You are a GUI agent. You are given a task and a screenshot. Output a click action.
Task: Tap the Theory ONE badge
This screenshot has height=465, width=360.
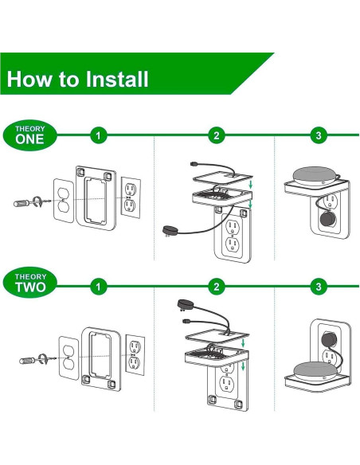coord(30,135)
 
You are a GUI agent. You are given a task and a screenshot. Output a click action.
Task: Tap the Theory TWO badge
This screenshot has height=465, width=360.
coord(30,284)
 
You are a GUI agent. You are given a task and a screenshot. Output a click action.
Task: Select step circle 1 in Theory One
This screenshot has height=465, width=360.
coord(98,135)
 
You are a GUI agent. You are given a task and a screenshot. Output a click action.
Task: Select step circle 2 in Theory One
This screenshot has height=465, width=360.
coord(215,135)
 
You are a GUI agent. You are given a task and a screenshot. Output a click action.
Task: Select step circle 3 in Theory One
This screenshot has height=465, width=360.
coord(319,135)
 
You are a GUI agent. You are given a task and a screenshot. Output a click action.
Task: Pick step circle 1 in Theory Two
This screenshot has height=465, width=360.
coord(98,285)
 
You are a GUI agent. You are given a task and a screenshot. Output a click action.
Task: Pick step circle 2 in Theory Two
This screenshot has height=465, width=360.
coord(215,285)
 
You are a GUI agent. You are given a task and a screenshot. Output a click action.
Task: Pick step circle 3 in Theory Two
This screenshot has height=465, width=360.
coord(319,285)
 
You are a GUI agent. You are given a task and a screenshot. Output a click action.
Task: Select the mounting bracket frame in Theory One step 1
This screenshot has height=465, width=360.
coord(95,195)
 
